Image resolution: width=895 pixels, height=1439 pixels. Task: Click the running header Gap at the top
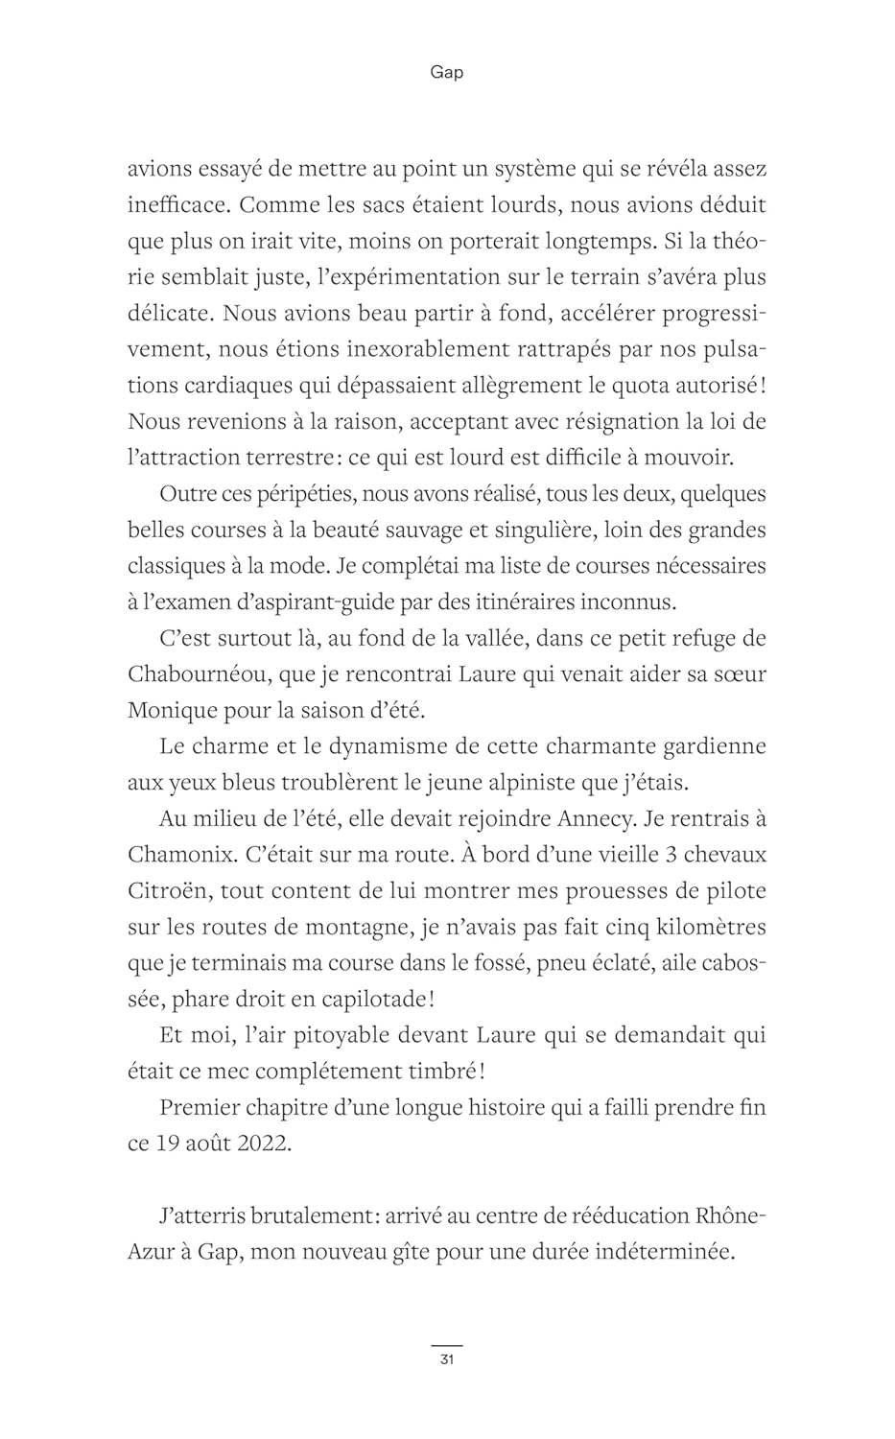(447, 73)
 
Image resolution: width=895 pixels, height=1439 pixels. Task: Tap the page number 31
(447, 1359)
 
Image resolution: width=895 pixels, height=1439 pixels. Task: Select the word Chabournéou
(198, 673)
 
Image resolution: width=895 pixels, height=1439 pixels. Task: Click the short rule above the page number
(447, 1346)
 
